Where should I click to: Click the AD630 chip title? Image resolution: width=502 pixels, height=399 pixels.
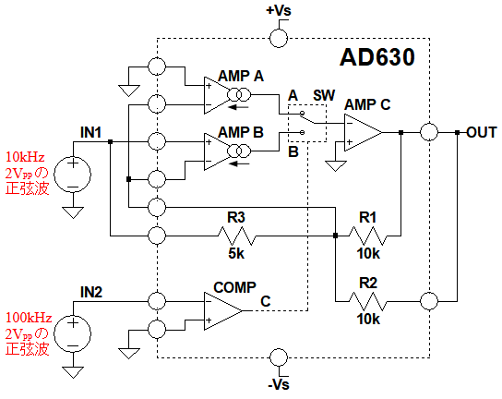[377, 57]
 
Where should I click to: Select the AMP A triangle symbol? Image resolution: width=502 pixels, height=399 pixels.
[217, 95]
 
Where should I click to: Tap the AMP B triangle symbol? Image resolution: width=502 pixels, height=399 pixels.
[217, 151]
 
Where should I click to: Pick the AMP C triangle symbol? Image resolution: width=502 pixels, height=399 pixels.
[363, 132]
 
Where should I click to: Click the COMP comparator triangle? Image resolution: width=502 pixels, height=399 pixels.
[222, 310]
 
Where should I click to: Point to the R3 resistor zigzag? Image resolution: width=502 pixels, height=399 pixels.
[236, 236]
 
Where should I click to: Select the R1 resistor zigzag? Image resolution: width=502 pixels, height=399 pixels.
[367, 236]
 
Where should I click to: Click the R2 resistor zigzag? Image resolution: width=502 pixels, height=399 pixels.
[367, 301]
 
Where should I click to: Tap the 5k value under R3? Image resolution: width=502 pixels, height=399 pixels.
[236, 253]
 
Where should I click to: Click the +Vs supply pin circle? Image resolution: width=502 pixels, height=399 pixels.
[279, 38]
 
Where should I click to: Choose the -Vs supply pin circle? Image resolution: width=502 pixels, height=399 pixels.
[279, 357]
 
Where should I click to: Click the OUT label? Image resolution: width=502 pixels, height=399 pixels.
[481, 132]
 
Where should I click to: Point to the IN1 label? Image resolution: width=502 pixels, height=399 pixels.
[91, 132]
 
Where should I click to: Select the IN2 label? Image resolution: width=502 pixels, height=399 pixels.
[91, 292]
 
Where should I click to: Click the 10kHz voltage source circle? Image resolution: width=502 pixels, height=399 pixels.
[73, 175]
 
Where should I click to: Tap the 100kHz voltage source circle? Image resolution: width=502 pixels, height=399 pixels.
[73, 333]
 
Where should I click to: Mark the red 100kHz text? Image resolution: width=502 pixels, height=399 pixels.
[29, 318]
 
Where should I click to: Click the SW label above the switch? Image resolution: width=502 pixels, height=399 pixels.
[324, 95]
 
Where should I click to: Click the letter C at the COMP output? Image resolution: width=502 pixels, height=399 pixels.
[266, 301]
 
